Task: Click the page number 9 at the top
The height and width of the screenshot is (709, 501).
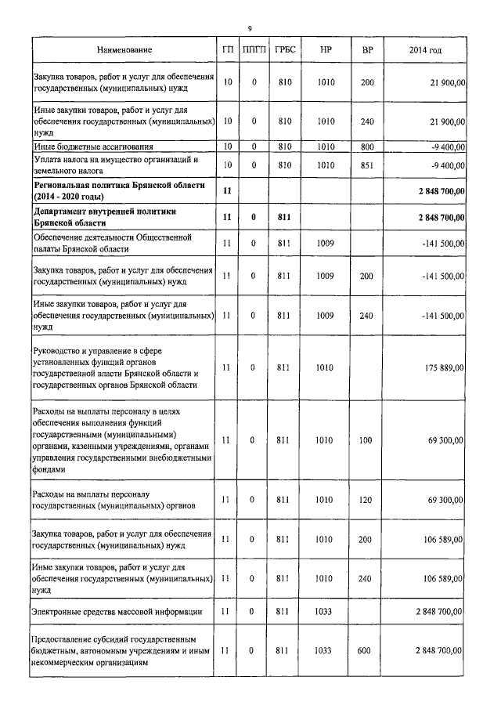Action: (x=249, y=29)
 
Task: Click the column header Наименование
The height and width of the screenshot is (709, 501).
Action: (x=124, y=50)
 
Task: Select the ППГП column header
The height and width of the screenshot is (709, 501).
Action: (x=254, y=50)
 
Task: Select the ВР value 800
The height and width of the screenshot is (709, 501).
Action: (x=366, y=147)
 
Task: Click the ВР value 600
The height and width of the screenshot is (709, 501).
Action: (x=366, y=650)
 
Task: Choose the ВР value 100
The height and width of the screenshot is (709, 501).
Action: (x=366, y=440)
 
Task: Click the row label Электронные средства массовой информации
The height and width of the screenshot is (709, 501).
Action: (x=117, y=611)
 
